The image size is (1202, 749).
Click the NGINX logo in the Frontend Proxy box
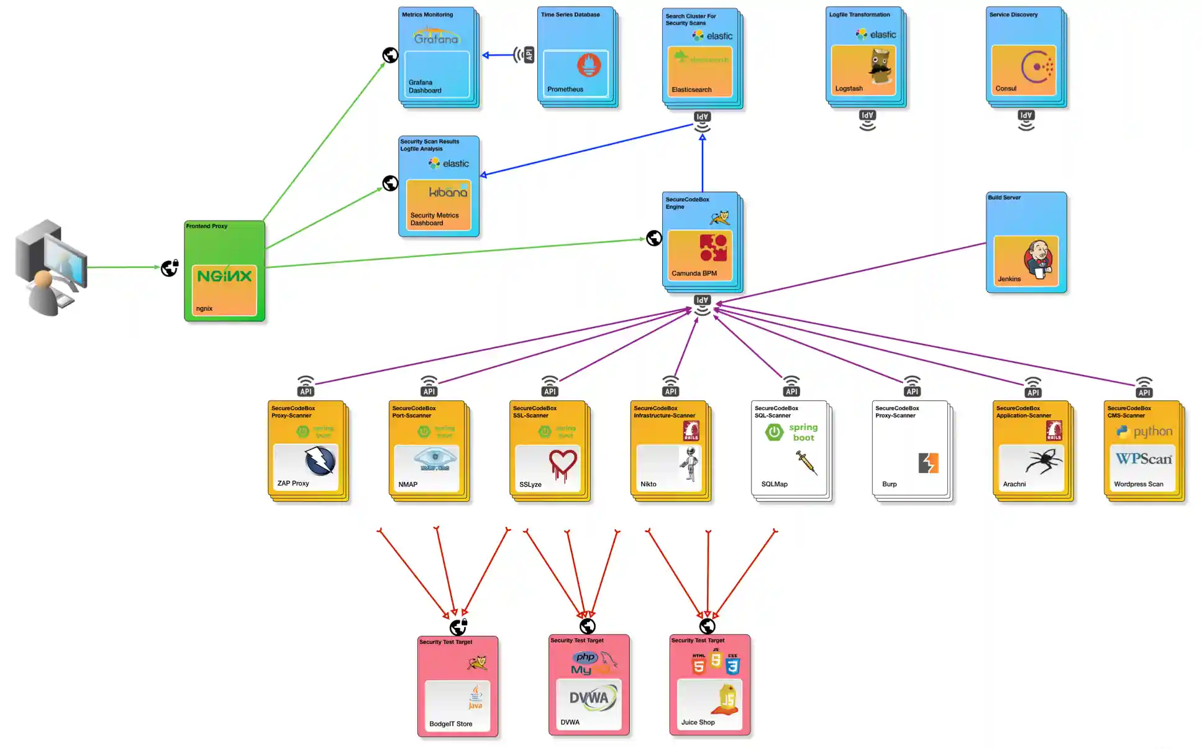pyautogui.click(x=224, y=276)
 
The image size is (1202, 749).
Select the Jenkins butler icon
pyautogui.click(x=1039, y=259)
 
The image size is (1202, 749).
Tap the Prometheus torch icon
pyautogui.click(x=588, y=65)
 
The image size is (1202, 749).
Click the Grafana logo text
pyautogui.click(x=436, y=38)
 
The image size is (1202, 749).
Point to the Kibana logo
pyautogui.click(x=448, y=191)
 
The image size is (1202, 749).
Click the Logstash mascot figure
pyautogui.click(x=880, y=67)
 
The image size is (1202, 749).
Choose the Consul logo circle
pyautogui.click(x=1036, y=67)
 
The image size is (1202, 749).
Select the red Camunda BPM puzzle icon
pyautogui.click(x=713, y=247)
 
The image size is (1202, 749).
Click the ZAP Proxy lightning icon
pyautogui.click(x=320, y=461)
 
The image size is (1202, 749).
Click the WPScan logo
pyautogui.click(x=1143, y=459)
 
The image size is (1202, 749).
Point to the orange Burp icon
pyautogui.click(x=928, y=463)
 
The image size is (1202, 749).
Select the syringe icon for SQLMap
pyautogui.click(x=806, y=462)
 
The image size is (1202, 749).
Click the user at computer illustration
pyautogui.click(x=50, y=267)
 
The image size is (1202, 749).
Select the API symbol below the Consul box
pyautogui.click(x=1026, y=120)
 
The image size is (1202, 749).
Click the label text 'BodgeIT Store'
pyautogui.click(x=450, y=724)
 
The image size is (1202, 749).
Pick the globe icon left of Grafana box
pyautogui.click(x=389, y=55)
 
